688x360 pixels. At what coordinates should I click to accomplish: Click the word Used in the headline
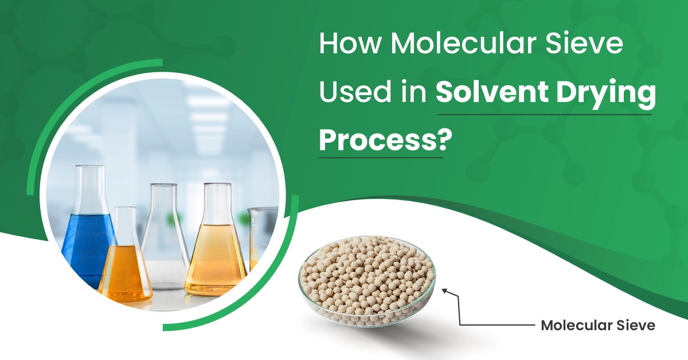click(x=352, y=92)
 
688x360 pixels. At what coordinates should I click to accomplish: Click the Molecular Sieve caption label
click(x=597, y=326)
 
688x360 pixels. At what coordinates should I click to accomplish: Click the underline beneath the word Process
click(x=381, y=156)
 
